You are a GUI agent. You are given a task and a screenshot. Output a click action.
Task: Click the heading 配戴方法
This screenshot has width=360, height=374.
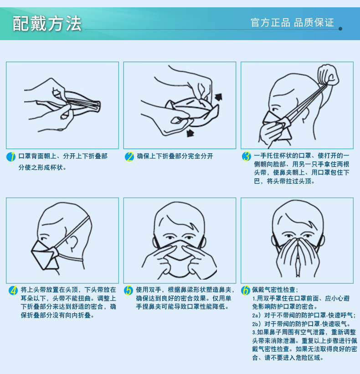[47, 24]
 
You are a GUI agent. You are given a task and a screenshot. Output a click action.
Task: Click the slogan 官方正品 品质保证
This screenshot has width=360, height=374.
[292, 23]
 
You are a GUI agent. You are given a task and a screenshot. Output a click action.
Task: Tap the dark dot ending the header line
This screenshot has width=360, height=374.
[340, 29]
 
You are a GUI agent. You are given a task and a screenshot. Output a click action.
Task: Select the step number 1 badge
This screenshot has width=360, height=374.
[11, 157]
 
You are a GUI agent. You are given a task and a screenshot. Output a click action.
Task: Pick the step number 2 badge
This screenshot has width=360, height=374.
[129, 157]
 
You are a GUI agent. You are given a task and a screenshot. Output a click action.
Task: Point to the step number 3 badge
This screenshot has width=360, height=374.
[247, 156]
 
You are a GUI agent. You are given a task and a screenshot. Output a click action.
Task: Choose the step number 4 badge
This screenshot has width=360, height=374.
[13, 290]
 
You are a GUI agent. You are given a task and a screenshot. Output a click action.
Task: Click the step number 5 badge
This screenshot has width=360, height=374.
[129, 290]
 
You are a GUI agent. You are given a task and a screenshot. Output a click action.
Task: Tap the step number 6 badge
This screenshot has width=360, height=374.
[246, 290]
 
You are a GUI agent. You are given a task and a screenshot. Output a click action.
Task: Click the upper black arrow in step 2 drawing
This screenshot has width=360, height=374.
[218, 97]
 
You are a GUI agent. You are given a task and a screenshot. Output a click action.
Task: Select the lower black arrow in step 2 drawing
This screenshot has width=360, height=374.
[190, 133]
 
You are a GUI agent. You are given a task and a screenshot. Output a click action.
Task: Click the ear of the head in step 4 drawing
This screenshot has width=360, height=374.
[72, 243]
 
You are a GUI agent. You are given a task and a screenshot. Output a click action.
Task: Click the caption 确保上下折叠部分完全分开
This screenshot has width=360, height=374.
[175, 156]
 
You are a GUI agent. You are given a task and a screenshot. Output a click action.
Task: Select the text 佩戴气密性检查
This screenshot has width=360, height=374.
[273, 290]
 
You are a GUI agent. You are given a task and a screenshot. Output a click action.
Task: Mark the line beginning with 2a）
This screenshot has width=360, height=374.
[304, 315]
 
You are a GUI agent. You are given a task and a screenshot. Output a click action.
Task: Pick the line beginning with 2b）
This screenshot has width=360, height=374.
[301, 324]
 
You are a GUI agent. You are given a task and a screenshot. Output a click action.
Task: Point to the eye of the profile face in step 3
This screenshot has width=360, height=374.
[275, 109]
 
